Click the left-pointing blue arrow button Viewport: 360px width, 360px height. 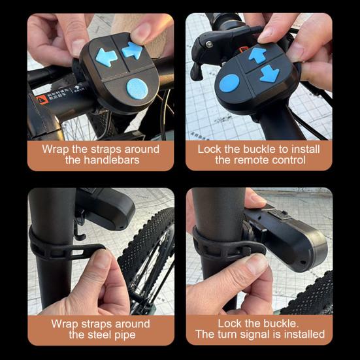point(106,56)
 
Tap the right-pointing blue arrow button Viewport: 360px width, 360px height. point(133,50)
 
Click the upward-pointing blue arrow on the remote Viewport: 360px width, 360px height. point(257,55)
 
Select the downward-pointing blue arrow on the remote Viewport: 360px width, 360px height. point(269,74)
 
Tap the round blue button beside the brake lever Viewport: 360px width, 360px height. point(229,83)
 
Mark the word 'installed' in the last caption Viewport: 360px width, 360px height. point(302,335)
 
